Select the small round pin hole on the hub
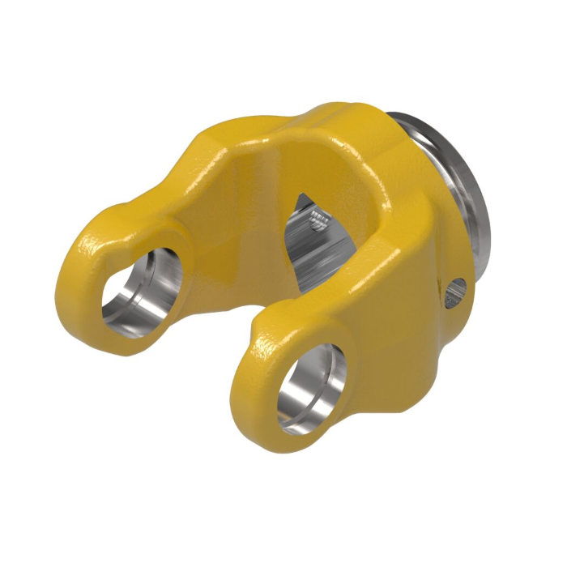(455, 288)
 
